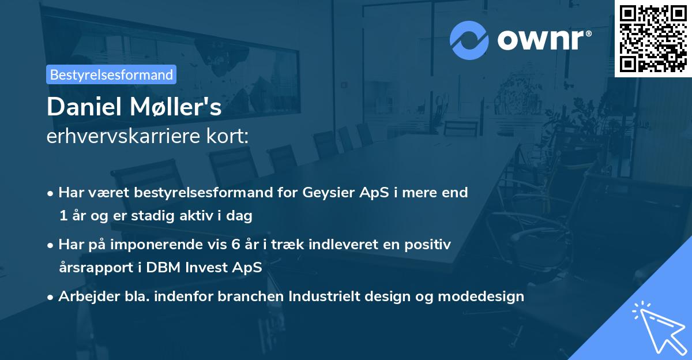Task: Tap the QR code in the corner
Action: [x=653, y=38]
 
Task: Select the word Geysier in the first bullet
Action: [x=325, y=193]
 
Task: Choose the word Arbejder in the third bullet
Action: [x=85, y=297]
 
